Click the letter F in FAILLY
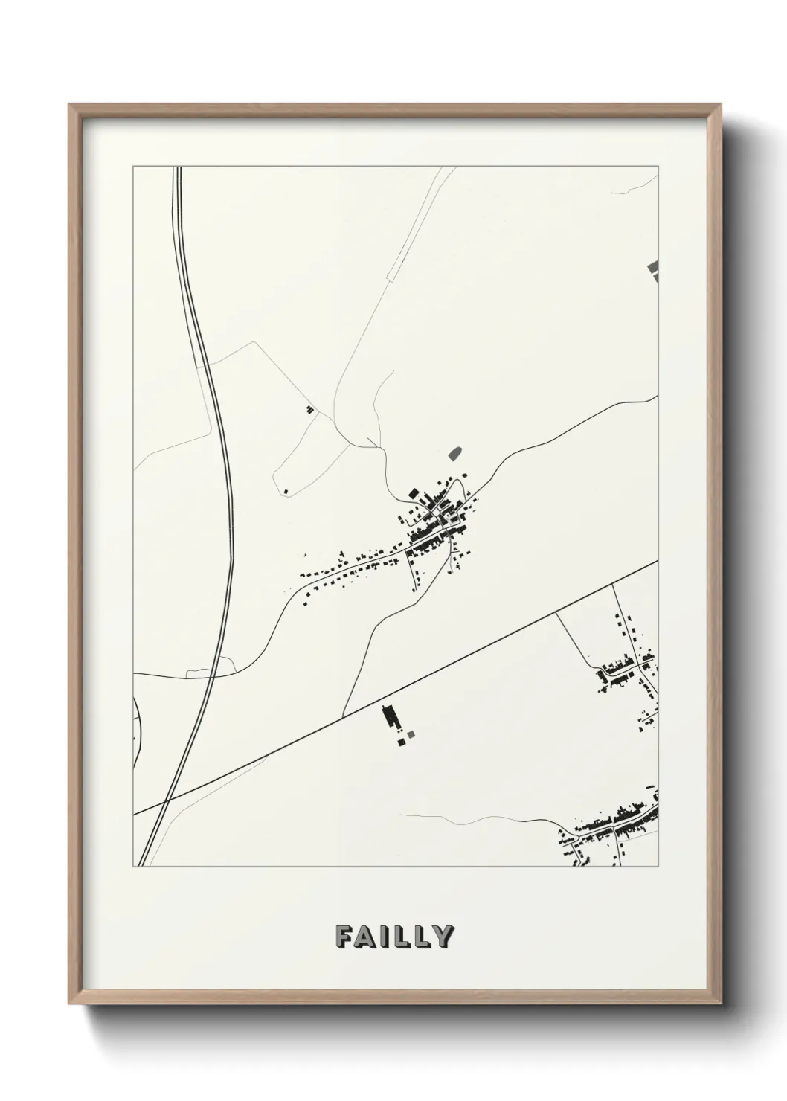pos(344,937)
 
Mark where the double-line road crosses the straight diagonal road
pos(168,800)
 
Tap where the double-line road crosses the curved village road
pos(214,675)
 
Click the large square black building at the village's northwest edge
pos(412,492)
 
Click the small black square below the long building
pos(402,741)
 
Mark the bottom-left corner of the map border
pos(133,867)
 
